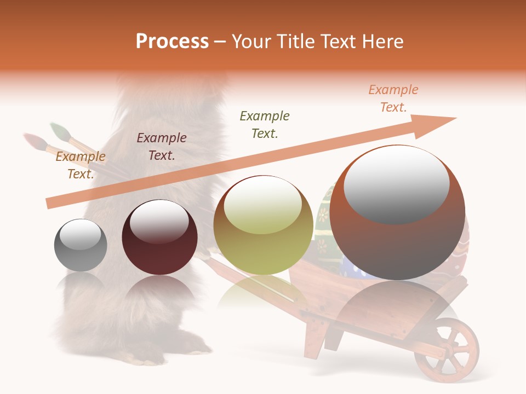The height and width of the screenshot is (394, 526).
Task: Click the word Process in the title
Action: (172, 42)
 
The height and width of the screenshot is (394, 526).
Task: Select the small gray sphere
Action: (81, 245)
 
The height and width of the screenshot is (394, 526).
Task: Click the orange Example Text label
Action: (393, 99)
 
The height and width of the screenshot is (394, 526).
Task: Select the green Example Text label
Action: (265, 124)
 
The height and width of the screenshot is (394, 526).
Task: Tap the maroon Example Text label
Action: (161, 146)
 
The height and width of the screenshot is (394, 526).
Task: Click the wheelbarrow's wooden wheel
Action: (446, 350)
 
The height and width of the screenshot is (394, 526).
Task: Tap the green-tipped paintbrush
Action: (59, 131)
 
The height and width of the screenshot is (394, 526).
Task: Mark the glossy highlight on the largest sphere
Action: (396, 184)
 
